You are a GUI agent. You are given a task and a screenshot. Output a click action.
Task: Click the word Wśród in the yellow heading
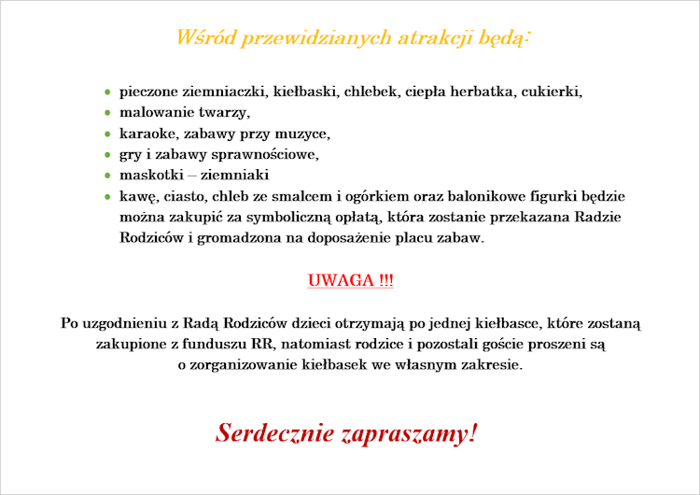[206, 37]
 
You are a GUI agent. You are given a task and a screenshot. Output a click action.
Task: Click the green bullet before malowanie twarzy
[107, 113]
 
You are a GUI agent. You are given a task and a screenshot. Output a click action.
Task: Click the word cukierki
[552, 92]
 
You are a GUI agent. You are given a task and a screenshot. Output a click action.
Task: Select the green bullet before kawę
[107, 196]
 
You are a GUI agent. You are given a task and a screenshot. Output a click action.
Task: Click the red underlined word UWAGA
[341, 280]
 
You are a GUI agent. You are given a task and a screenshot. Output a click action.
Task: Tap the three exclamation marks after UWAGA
[386, 280]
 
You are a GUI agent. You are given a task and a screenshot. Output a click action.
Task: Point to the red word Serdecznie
[274, 433]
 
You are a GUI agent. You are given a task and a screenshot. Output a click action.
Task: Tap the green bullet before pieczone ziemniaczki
[107, 92]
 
